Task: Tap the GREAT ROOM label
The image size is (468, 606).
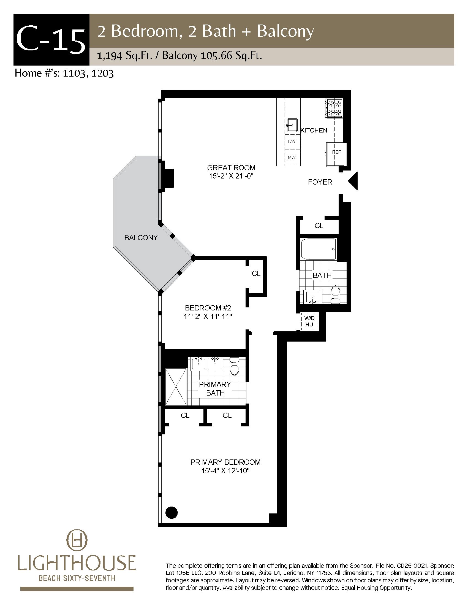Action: tap(231, 167)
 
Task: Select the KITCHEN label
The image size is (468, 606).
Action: tap(314, 130)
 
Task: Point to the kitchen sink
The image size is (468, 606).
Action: tap(292, 125)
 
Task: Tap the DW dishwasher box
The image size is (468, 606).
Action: tap(292, 141)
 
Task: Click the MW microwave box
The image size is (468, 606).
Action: tap(292, 157)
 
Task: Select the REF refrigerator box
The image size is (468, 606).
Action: tap(336, 154)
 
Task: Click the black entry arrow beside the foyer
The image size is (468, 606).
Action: tap(353, 181)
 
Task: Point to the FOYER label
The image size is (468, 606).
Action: tap(320, 182)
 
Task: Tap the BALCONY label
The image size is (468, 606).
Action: tap(141, 237)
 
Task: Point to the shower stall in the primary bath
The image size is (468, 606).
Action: tap(176, 386)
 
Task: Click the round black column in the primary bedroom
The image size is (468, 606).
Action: tap(172, 512)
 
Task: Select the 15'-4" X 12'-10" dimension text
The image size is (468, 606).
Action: tap(226, 470)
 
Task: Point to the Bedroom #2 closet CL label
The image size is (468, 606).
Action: tap(256, 274)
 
